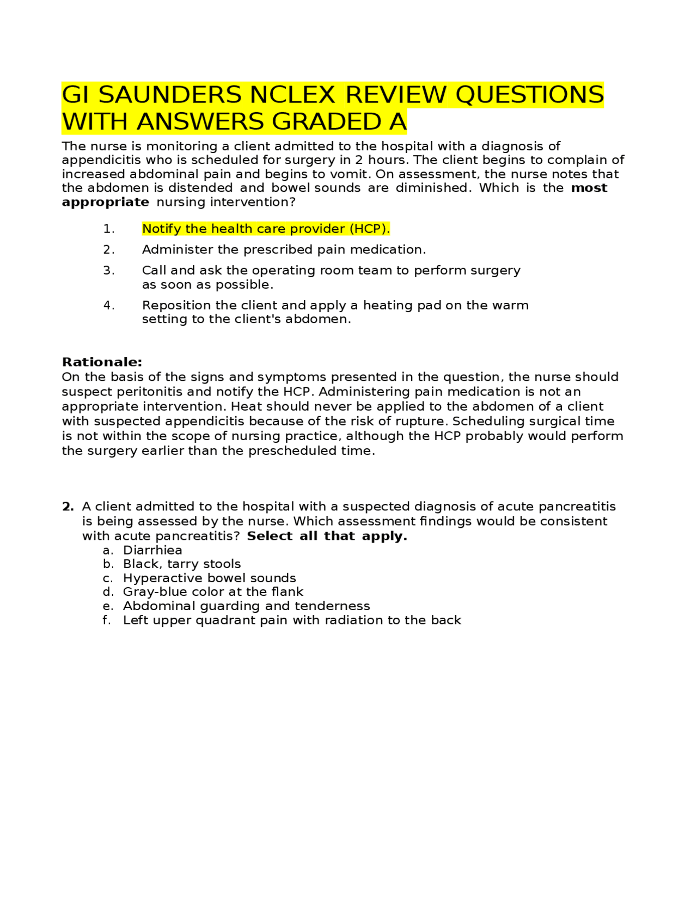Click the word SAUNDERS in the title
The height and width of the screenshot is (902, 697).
[x=170, y=95]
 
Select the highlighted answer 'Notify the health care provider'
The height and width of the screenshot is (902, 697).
[x=266, y=229]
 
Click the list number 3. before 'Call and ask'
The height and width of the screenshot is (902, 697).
[x=109, y=271]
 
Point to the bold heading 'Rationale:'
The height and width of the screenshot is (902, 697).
[x=102, y=362]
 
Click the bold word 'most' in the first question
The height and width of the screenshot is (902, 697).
[x=589, y=188]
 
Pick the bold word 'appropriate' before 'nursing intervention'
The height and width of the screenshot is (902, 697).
[x=105, y=202]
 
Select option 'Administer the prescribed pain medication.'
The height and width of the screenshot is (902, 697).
[x=283, y=249]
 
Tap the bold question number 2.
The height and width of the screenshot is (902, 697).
[x=68, y=507]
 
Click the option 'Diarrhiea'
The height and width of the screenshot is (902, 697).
[x=152, y=550]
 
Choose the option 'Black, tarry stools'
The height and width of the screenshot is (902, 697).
[x=182, y=564]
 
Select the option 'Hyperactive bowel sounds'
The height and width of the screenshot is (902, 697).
[x=209, y=578]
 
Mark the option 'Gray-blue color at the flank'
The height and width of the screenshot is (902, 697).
[x=213, y=592]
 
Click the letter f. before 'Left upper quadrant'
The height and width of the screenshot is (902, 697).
[x=107, y=620]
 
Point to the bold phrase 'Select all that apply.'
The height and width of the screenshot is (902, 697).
[x=327, y=536]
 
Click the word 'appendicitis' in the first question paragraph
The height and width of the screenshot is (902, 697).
[x=93, y=160]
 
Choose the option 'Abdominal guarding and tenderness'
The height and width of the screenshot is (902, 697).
[x=246, y=606]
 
